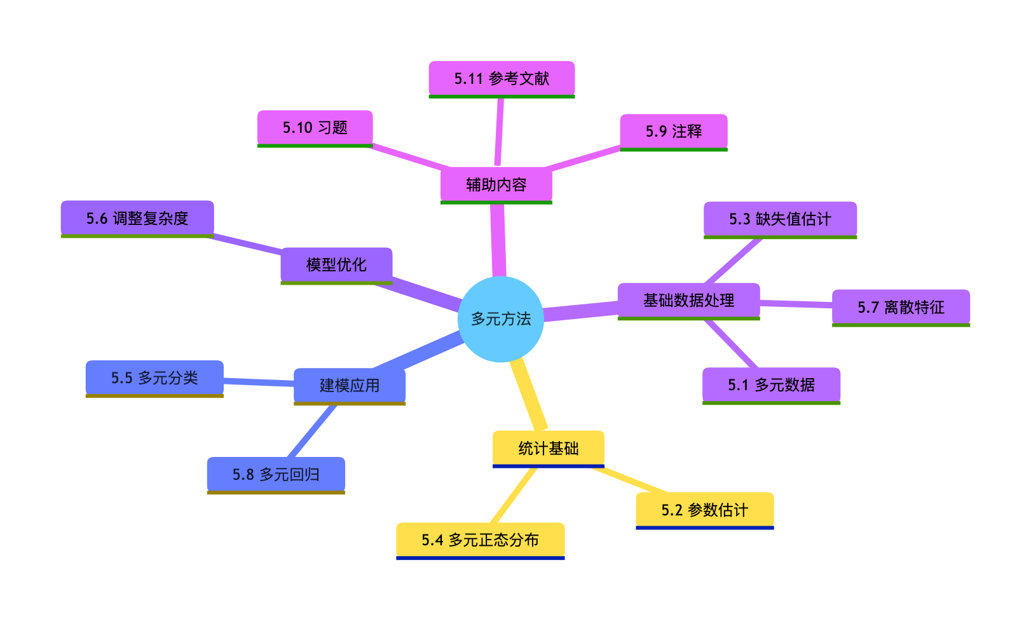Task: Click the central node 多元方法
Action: [500, 319]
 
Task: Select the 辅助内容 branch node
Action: [496, 185]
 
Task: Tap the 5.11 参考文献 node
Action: [502, 79]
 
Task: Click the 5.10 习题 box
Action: [315, 128]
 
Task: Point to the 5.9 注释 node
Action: [673, 132]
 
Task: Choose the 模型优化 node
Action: [336, 264]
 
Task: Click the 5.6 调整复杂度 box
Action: [137, 219]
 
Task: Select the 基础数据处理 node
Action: [688, 300]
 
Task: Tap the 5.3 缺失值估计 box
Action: [780, 219]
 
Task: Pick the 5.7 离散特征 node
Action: [901, 308]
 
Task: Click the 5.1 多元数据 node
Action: [771, 385]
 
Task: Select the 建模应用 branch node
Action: [349, 386]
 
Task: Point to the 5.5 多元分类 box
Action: [154, 378]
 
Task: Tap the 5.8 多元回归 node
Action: [276, 475]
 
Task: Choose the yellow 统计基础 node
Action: [548, 449]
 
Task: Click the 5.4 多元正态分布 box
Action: [480, 540]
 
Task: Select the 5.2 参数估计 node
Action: [704, 510]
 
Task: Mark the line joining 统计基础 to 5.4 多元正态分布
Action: [514, 496]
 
